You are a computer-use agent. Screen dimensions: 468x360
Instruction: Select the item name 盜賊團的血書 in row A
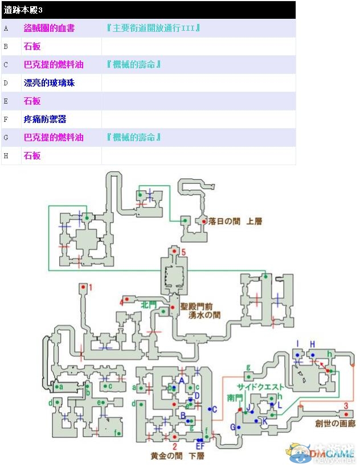[49, 28]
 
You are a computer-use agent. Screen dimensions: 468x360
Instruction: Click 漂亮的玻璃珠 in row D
[49, 83]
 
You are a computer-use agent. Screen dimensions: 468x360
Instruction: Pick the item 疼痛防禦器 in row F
[45, 119]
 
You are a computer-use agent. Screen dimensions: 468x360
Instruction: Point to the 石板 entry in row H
[32, 155]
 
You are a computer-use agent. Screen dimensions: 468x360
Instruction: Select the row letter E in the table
[6, 101]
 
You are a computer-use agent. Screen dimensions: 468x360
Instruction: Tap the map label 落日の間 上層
[235, 221]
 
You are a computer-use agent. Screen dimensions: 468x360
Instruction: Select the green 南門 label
[234, 396]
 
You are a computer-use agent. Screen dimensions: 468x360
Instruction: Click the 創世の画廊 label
[334, 424]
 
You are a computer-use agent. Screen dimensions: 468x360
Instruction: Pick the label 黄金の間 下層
[177, 456]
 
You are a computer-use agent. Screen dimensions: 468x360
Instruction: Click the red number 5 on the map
[183, 251]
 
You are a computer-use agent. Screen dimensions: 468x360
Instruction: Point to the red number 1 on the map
[90, 286]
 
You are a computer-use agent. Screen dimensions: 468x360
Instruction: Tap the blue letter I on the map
[297, 344]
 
